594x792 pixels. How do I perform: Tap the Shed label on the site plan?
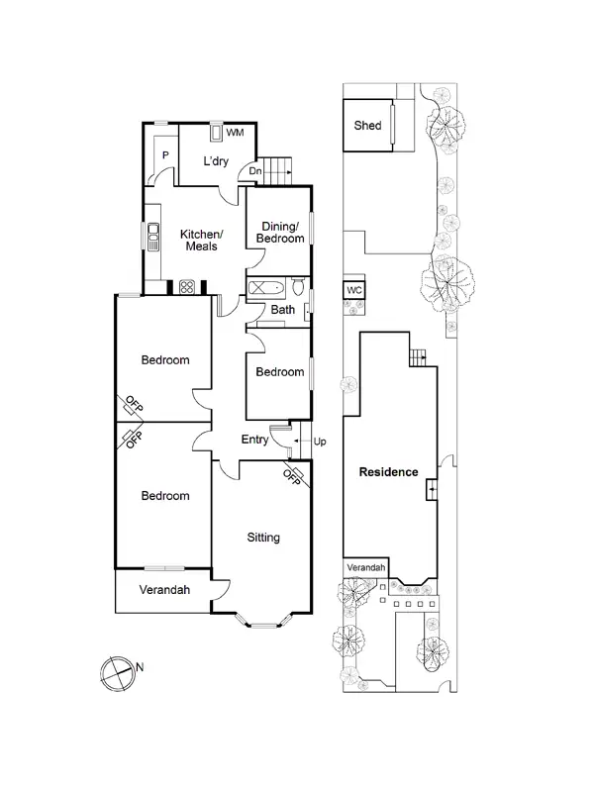pyautogui.click(x=368, y=126)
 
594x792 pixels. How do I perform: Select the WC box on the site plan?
pyautogui.click(x=354, y=290)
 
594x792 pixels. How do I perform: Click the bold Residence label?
pyautogui.click(x=388, y=472)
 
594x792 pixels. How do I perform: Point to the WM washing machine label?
pyautogui.click(x=236, y=132)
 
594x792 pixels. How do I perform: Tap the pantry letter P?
pyautogui.click(x=165, y=155)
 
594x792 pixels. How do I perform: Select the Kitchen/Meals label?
pyautogui.click(x=202, y=240)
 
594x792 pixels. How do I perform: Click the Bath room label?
pyautogui.click(x=283, y=311)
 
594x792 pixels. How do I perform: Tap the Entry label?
pyautogui.click(x=256, y=440)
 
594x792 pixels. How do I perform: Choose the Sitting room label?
pyautogui.click(x=264, y=538)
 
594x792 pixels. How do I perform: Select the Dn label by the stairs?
pyautogui.click(x=255, y=171)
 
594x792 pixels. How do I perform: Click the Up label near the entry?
pyautogui.click(x=320, y=441)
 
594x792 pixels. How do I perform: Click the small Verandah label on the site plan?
pyautogui.click(x=365, y=567)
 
